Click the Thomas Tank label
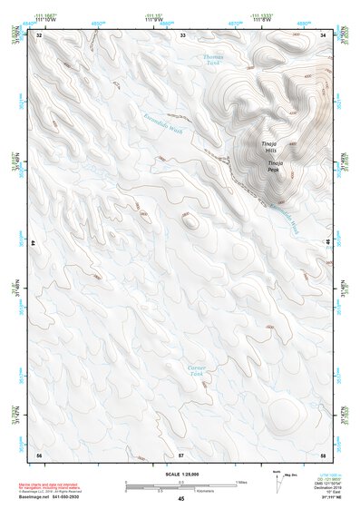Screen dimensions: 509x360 click(x=212, y=60)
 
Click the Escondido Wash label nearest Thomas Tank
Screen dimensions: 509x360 click(x=164, y=121)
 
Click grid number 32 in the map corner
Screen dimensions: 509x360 click(x=39, y=35)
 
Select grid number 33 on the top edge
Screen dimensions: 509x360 click(x=182, y=35)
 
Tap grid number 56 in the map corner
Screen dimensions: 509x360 click(x=39, y=453)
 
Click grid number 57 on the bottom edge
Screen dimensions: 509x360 click(x=181, y=453)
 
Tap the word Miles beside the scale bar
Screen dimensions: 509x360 click(x=240, y=482)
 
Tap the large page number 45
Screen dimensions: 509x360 click(x=181, y=499)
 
